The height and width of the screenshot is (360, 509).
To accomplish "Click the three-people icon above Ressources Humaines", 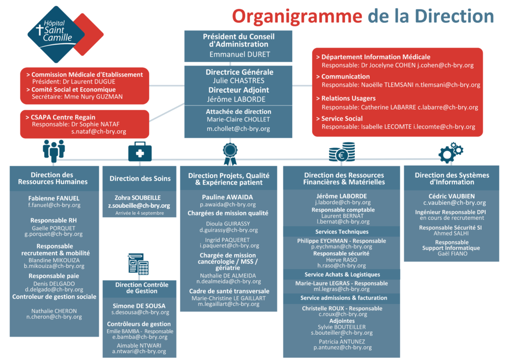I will point(54,151).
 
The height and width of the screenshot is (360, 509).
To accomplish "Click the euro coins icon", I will point(341,152).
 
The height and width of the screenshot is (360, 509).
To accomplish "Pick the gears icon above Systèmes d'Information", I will point(451,153).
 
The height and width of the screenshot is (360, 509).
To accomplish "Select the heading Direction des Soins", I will point(140,179).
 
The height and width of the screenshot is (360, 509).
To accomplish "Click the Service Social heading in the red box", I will point(342,118).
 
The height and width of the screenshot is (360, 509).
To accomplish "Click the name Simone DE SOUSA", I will point(139,306).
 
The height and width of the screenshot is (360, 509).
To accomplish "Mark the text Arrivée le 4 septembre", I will point(140,213).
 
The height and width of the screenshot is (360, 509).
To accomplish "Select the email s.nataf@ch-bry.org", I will point(98,132).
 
